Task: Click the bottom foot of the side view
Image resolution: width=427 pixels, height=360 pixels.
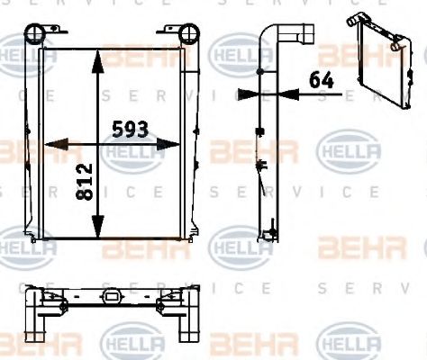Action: (268, 236)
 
